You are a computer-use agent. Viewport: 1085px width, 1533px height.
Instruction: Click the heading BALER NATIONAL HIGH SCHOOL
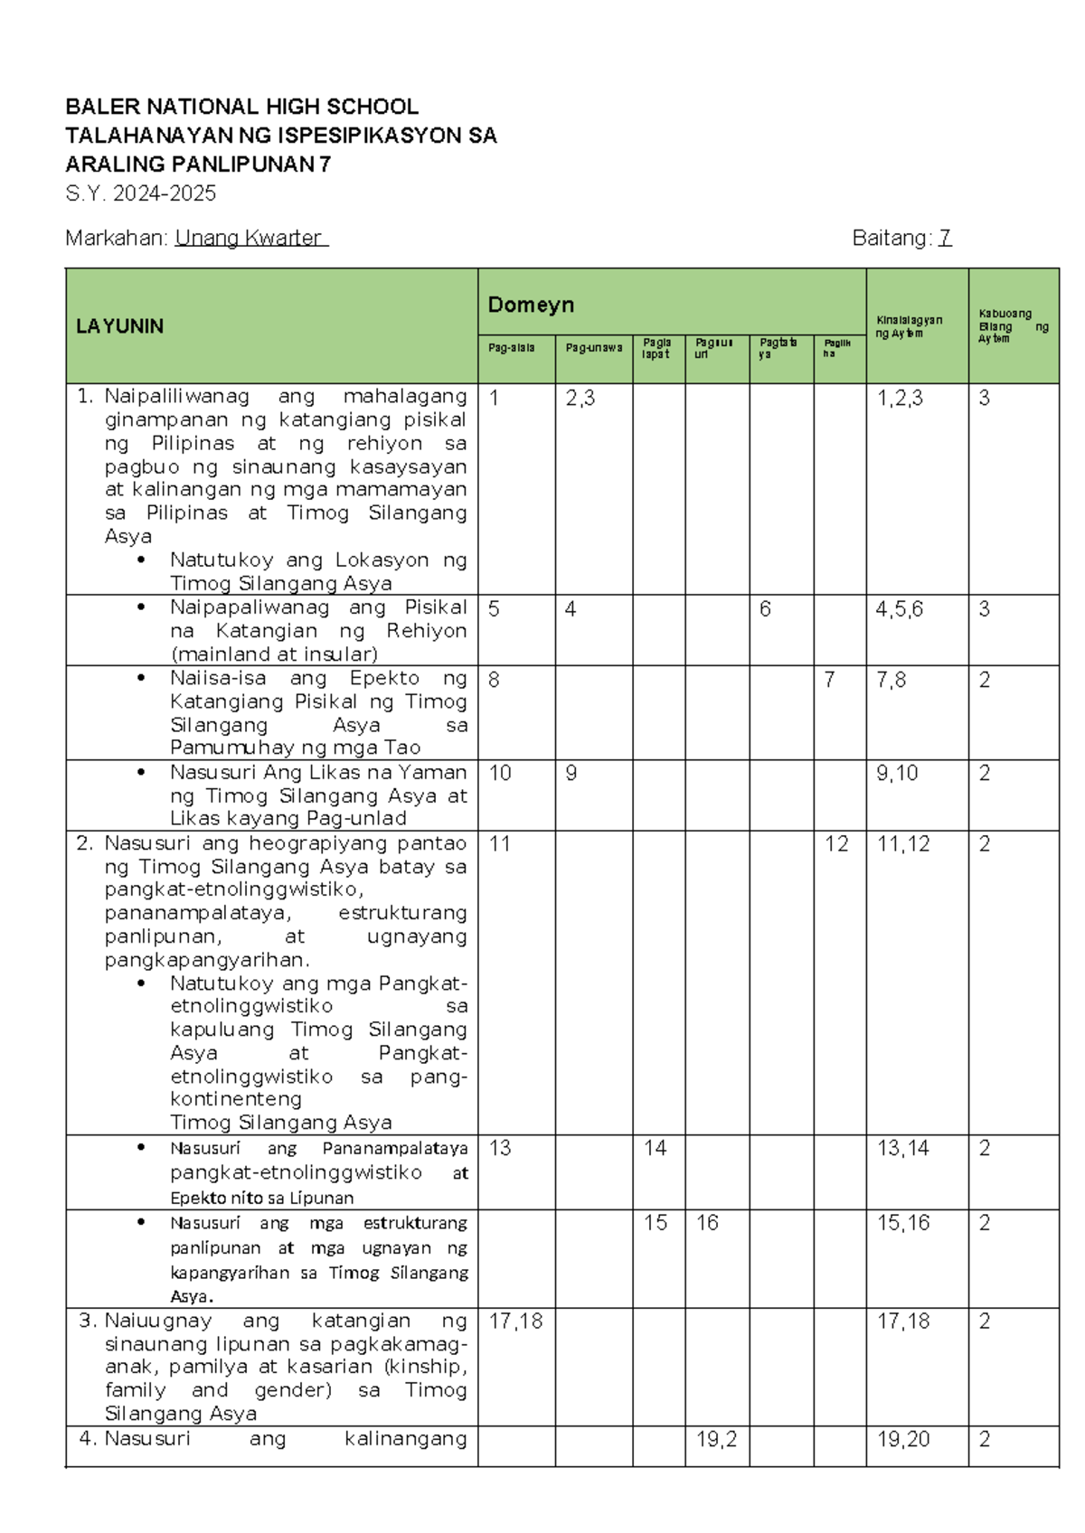(x=241, y=107)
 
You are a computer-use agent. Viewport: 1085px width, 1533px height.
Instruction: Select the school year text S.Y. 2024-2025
(x=140, y=193)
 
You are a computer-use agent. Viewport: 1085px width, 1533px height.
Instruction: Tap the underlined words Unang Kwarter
(x=250, y=238)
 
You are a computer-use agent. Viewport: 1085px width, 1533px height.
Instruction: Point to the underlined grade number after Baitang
(x=945, y=238)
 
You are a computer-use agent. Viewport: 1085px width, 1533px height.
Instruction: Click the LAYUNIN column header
(x=119, y=326)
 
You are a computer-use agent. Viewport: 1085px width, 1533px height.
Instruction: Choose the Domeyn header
(x=531, y=305)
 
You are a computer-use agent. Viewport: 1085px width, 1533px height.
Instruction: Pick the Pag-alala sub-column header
(x=512, y=347)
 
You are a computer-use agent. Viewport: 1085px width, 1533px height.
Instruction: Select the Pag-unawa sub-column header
(x=594, y=347)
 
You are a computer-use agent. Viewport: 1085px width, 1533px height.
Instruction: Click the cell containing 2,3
(x=580, y=399)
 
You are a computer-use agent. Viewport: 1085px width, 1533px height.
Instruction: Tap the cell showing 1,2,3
(x=900, y=399)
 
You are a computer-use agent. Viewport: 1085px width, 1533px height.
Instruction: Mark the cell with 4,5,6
(x=900, y=609)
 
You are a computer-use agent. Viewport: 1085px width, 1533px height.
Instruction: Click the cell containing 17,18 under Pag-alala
(x=515, y=1321)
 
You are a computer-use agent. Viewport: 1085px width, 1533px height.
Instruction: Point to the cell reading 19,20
(x=903, y=1439)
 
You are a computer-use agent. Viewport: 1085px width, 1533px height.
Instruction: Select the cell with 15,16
(x=903, y=1223)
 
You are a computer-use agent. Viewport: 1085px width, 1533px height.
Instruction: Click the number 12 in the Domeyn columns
(x=836, y=844)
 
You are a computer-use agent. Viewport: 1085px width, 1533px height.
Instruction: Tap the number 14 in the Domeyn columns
(x=656, y=1148)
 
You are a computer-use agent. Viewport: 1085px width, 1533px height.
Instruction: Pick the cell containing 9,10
(x=897, y=773)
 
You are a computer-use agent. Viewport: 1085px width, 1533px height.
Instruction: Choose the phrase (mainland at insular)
(x=274, y=654)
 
